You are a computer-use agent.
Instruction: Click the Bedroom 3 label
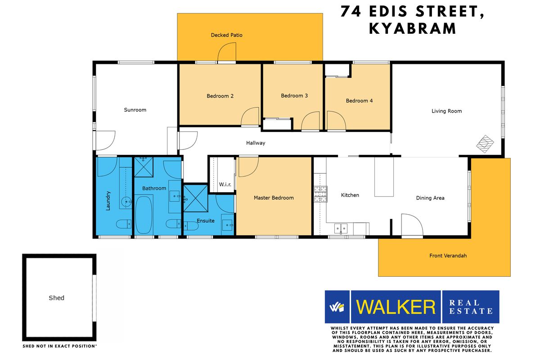pos(294,95)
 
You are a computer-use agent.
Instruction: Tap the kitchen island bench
pos(384,176)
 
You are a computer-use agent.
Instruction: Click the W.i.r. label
pos(225,184)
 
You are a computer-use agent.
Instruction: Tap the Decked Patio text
pos(227,35)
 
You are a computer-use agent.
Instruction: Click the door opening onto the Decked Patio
pos(227,53)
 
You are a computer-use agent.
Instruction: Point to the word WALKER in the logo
pos(396,307)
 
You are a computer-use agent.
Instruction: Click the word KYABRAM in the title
pos(412,28)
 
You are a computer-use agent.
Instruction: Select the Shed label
pos(57,297)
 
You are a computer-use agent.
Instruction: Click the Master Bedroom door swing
pos(248,166)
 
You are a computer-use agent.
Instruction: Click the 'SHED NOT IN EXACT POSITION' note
pos(59,346)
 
